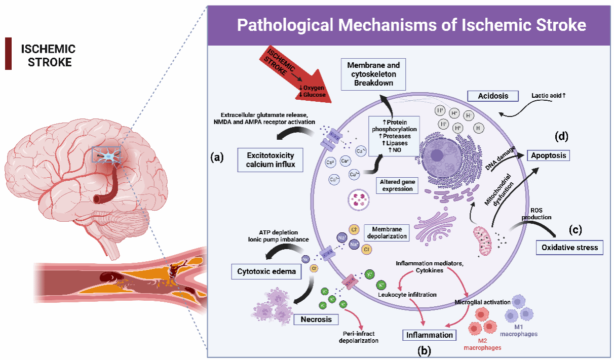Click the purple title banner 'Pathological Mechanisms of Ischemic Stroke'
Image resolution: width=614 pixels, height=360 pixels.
tap(411, 25)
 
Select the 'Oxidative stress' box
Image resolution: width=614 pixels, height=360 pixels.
tap(570, 248)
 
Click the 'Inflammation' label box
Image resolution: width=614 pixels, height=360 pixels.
tap(429, 335)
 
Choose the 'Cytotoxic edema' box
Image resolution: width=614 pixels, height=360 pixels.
tap(266, 272)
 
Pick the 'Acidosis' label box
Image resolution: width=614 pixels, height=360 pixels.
tap(493, 96)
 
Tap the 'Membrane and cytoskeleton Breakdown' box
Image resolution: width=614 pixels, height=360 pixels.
tap(373, 74)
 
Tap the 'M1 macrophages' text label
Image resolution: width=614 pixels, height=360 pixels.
tap(518, 330)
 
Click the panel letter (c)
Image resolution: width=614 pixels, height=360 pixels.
tap(574, 229)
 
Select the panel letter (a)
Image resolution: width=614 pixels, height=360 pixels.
tap(217, 157)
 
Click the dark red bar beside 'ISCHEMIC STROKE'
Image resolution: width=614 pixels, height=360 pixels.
tap(8, 53)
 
